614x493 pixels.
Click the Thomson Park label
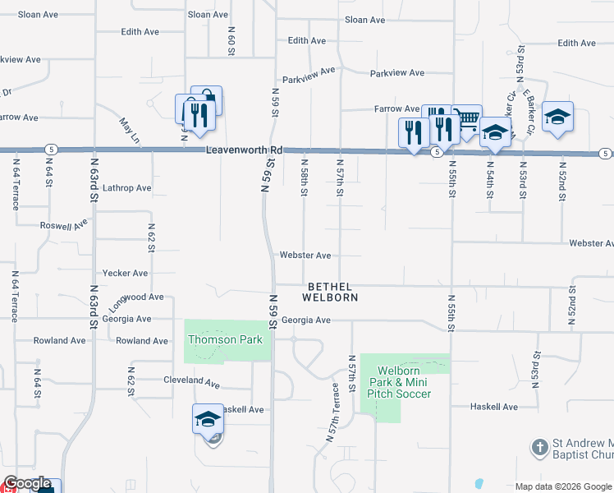[226, 340]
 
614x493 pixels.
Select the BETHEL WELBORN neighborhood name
[332, 292]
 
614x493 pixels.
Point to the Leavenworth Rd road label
[244, 150]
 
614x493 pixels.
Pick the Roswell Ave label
[63, 224]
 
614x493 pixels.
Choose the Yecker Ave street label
[126, 273]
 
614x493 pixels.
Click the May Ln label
[129, 129]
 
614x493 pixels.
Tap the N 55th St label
[451, 178]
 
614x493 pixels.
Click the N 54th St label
[490, 178]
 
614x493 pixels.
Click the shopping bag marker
[207, 99]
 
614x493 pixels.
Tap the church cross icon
[539, 448]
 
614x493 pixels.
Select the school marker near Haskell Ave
[208, 418]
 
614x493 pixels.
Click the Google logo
[26, 484]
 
